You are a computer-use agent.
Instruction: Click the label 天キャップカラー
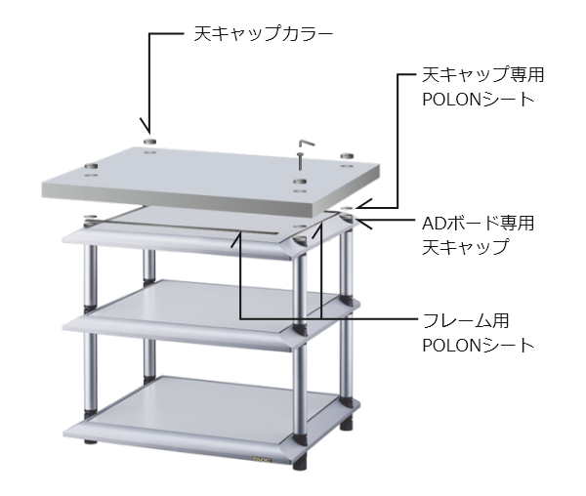263,34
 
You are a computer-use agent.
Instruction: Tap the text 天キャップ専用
482,75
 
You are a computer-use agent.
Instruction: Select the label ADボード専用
478,223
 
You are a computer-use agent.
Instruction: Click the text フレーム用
466,321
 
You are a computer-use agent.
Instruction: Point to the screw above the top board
300,162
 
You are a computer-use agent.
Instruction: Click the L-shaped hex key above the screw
307,144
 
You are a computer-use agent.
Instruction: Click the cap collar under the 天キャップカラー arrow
149,142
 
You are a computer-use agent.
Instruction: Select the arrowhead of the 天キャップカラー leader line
146,126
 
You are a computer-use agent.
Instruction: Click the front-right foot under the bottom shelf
300,464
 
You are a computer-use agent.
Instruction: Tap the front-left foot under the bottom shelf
90,442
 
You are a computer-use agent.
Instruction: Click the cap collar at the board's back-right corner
347,155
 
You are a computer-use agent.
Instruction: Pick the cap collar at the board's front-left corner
91,166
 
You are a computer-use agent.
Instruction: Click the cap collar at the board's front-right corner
300,182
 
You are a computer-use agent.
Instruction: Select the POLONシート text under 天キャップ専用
478,100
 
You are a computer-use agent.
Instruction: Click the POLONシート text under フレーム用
478,346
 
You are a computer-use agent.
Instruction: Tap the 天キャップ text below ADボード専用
466,247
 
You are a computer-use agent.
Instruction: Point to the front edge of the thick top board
177,200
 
